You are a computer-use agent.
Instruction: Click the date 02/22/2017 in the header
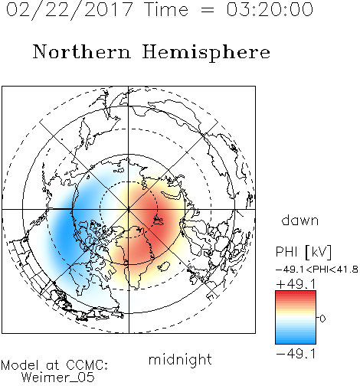(70, 10)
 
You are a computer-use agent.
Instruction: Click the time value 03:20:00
(270, 10)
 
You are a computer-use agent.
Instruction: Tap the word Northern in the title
(82, 51)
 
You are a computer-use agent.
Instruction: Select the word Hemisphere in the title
(206, 53)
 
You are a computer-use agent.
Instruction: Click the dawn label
(300, 220)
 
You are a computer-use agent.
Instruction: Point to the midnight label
(180, 359)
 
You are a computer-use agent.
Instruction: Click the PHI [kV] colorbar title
(303, 252)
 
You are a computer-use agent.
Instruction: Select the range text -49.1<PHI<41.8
(317, 270)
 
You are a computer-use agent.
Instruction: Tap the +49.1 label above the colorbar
(296, 284)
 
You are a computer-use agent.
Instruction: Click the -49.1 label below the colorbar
(296, 354)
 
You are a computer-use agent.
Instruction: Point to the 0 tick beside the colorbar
(322, 319)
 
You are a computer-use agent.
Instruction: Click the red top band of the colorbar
(296, 294)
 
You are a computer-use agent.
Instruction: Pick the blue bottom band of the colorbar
(296, 341)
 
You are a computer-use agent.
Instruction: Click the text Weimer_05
(58, 378)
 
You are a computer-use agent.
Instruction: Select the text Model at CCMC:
(54, 365)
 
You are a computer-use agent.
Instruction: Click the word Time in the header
(166, 10)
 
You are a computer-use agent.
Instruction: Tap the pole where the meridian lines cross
(129, 209)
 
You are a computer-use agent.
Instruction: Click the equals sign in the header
(208, 10)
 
